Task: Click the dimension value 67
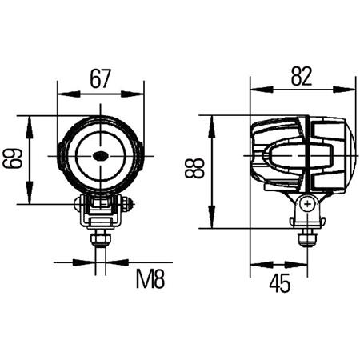[100, 79]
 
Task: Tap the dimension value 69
[12, 160]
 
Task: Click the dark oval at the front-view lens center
[101, 156]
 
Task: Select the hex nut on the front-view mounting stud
[100, 238]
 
